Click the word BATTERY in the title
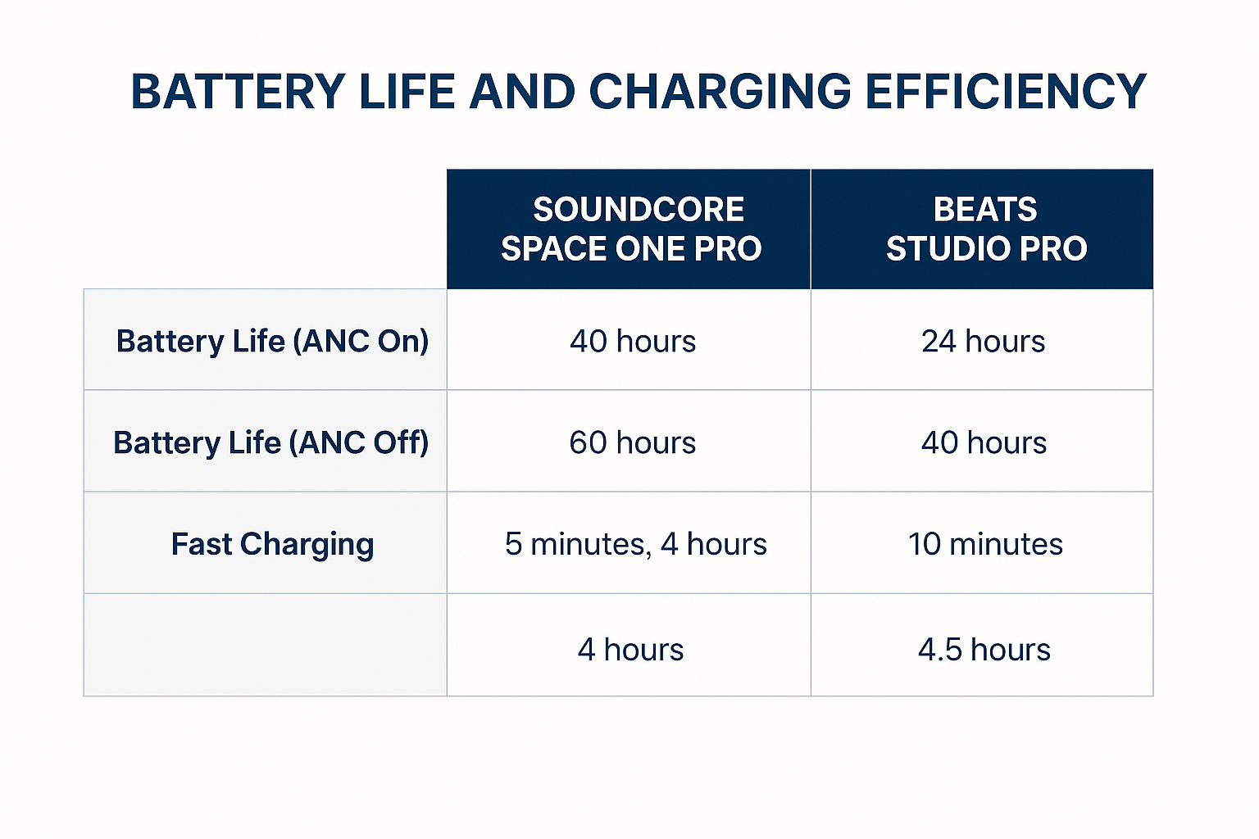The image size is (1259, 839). [x=238, y=92]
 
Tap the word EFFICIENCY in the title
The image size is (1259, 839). [x=1006, y=92]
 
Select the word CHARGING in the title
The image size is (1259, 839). [x=720, y=92]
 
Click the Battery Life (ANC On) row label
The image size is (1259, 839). [x=272, y=341]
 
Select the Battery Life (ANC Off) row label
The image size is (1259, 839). [x=271, y=442]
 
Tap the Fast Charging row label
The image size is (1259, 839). [x=273, y=545]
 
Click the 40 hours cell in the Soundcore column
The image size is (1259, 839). [x=633, y=341]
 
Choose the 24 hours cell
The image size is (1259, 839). [x=984, y=341]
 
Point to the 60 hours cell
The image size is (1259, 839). [x=632, y=442]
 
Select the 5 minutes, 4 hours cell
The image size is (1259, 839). [x=636, y=544]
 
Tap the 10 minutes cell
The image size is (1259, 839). [x=985, y=544]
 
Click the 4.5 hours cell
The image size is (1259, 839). [x=984, y=650]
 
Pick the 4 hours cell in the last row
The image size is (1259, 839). [x=630, y=650]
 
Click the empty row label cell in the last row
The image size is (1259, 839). [x=266, y=645]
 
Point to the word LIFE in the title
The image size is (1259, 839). [x=407, y=92]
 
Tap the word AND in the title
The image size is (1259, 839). [x=522, y=92]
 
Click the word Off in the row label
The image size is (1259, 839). [x=398, y=442]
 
